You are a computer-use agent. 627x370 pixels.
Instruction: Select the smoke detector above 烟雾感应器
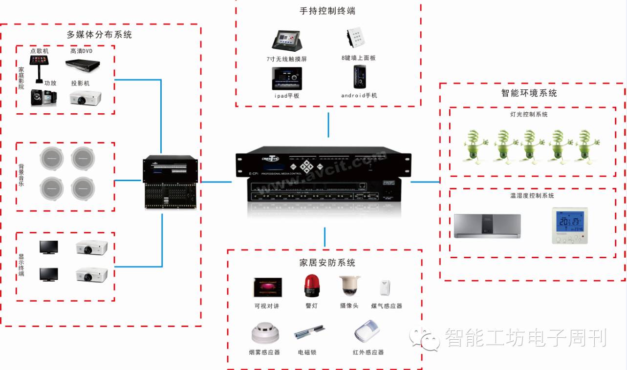[x=265, y=333]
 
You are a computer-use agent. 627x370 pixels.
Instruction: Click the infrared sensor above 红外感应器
[x=368, y=332]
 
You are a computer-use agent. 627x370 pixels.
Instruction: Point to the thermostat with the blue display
[x=570, y=226]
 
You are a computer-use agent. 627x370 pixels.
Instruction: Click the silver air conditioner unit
[x=487, y=226]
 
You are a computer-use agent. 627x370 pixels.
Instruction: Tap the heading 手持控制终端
[x=327, y=11]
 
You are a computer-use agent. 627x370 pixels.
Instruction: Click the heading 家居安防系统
[x=327, y=263]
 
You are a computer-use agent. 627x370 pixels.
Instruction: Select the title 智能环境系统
[x=529, y=93]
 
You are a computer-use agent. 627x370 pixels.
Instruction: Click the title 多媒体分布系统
[x=99, y=34]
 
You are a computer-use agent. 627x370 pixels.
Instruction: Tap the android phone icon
[x=357, y=77]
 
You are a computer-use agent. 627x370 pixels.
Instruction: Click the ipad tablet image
[x=287, y=78]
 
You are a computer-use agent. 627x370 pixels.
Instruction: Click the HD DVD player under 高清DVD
[x=83, y=64]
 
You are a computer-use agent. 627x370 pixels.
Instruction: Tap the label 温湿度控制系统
[x=532, y=196]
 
